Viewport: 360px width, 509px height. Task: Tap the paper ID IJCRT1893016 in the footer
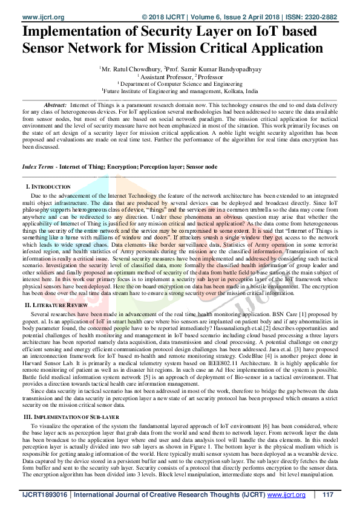pos(45,494)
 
